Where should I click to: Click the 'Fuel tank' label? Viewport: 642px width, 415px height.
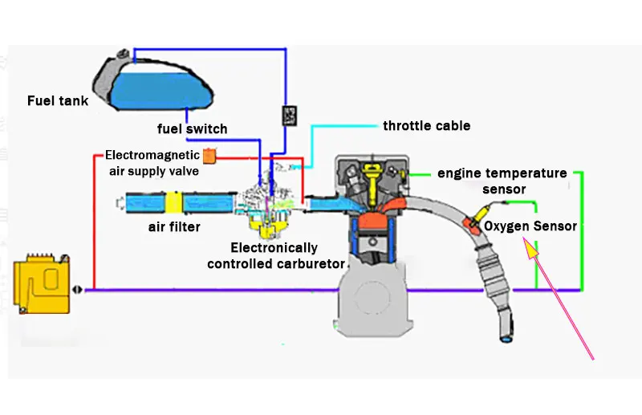pyautogui.click(x=58, y=101)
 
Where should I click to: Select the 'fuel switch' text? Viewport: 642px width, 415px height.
pyautogui.click(x=192, y=128)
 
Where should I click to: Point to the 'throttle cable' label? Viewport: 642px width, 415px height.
pyautogui.click(x=427, y=126)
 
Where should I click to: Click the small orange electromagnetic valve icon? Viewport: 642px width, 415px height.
pyautogui.click(x=209, y=156)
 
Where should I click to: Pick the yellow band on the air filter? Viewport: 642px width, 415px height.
pyautogui.click(x=173, y=202)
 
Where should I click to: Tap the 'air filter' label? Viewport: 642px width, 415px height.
pyautogui.click(x=174, y=226)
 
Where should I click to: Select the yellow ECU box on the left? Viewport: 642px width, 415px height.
pyautogui.click(x=42, y=284)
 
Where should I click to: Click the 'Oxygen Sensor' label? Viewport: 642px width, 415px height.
pyautogui.click(x=530, y=226)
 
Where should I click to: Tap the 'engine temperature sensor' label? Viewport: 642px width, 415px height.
pyautogui.click(x=502, y=181)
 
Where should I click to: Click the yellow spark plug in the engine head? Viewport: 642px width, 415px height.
pyautogui.click(x=372, y=182)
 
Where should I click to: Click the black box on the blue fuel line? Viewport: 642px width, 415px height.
pyautogui.click(x=290, y=116)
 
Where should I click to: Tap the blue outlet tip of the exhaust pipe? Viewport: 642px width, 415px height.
pyautogui.click(x=506, y=340)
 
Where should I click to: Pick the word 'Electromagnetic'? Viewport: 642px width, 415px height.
pyautogui.click(x=152, y=155)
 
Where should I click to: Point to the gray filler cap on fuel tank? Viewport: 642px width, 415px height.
pyautogui.click(x=123, y=54)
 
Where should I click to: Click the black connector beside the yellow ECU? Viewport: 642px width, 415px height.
pyautogui.click(x=76, y=290)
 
